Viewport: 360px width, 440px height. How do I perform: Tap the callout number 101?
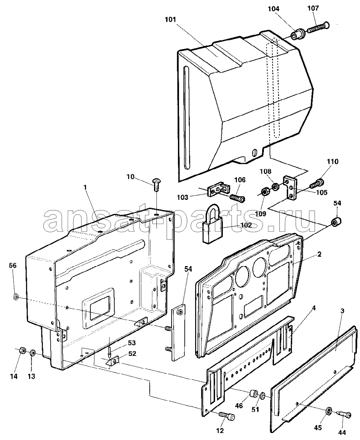pyautogui.click(x=171, y=20)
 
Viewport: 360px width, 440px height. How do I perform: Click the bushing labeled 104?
pyautogui.click(x=297, y=35)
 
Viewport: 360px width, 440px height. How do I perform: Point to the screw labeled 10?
pyautogui.click(x=155, y=184)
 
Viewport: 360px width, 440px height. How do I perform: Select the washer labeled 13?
pyautogui.click(x=33, y=353)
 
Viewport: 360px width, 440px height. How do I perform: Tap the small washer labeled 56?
pyautogui.click(x=16, y=297)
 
